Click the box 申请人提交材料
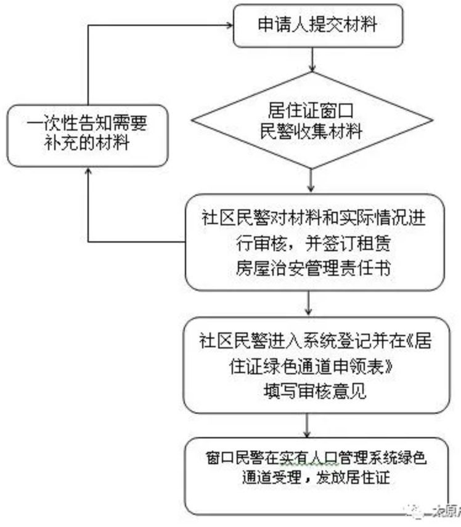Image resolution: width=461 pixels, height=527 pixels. (x=317, y=26)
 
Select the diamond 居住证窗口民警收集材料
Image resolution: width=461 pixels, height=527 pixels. (x=315, y=121)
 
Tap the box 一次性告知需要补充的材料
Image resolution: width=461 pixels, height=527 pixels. (x=88, y=134)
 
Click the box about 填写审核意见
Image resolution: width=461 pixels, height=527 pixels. (x=314, y=366)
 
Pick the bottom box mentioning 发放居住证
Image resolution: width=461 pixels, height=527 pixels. (x=314, y=475)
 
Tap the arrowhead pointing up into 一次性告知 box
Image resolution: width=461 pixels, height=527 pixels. (x=88, y=173)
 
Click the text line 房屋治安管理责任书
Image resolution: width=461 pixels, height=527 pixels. (x=314, y=268)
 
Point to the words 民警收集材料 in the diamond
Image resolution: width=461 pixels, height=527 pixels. (x=315, y=132)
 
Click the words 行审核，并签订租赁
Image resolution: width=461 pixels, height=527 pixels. (x=314, y=243)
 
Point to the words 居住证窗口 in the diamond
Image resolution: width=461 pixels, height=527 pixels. (x=315, y=110)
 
